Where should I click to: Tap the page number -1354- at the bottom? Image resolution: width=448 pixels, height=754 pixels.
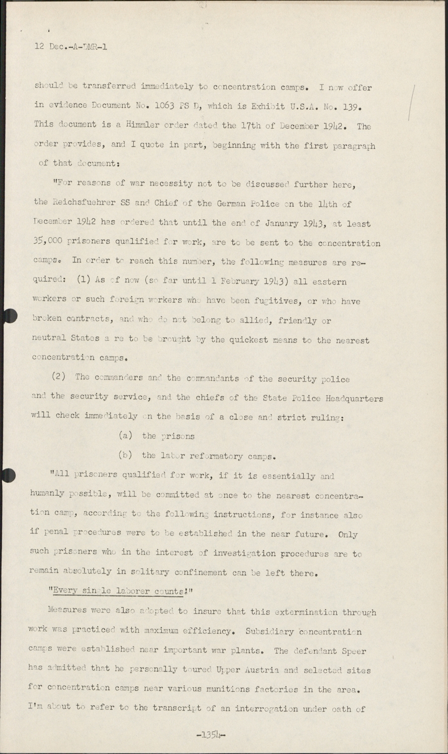point(211,734)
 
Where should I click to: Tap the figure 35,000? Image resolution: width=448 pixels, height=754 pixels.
point(50,243)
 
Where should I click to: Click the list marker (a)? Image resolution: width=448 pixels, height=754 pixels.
point(125,435)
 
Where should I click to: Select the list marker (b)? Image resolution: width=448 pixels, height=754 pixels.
point(125,455)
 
